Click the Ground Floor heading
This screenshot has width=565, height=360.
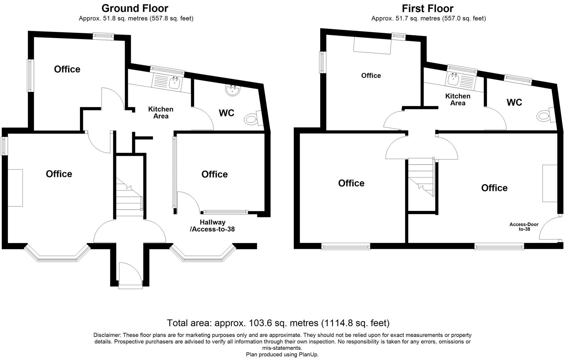[135, 8]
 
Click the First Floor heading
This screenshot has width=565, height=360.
[427, 8]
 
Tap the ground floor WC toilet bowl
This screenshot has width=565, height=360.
[251, 119]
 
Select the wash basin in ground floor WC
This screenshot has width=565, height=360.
[232, 90]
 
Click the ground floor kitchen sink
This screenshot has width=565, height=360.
[174, 83]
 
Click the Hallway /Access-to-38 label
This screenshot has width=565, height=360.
[212, 226]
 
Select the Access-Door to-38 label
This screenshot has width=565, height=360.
[524, 227]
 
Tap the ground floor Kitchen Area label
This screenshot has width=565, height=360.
[161, 112]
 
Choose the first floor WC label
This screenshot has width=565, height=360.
[514, 102]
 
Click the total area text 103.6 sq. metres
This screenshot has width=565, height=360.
[278, 322]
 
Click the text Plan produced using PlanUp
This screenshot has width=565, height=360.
[282, 354]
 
